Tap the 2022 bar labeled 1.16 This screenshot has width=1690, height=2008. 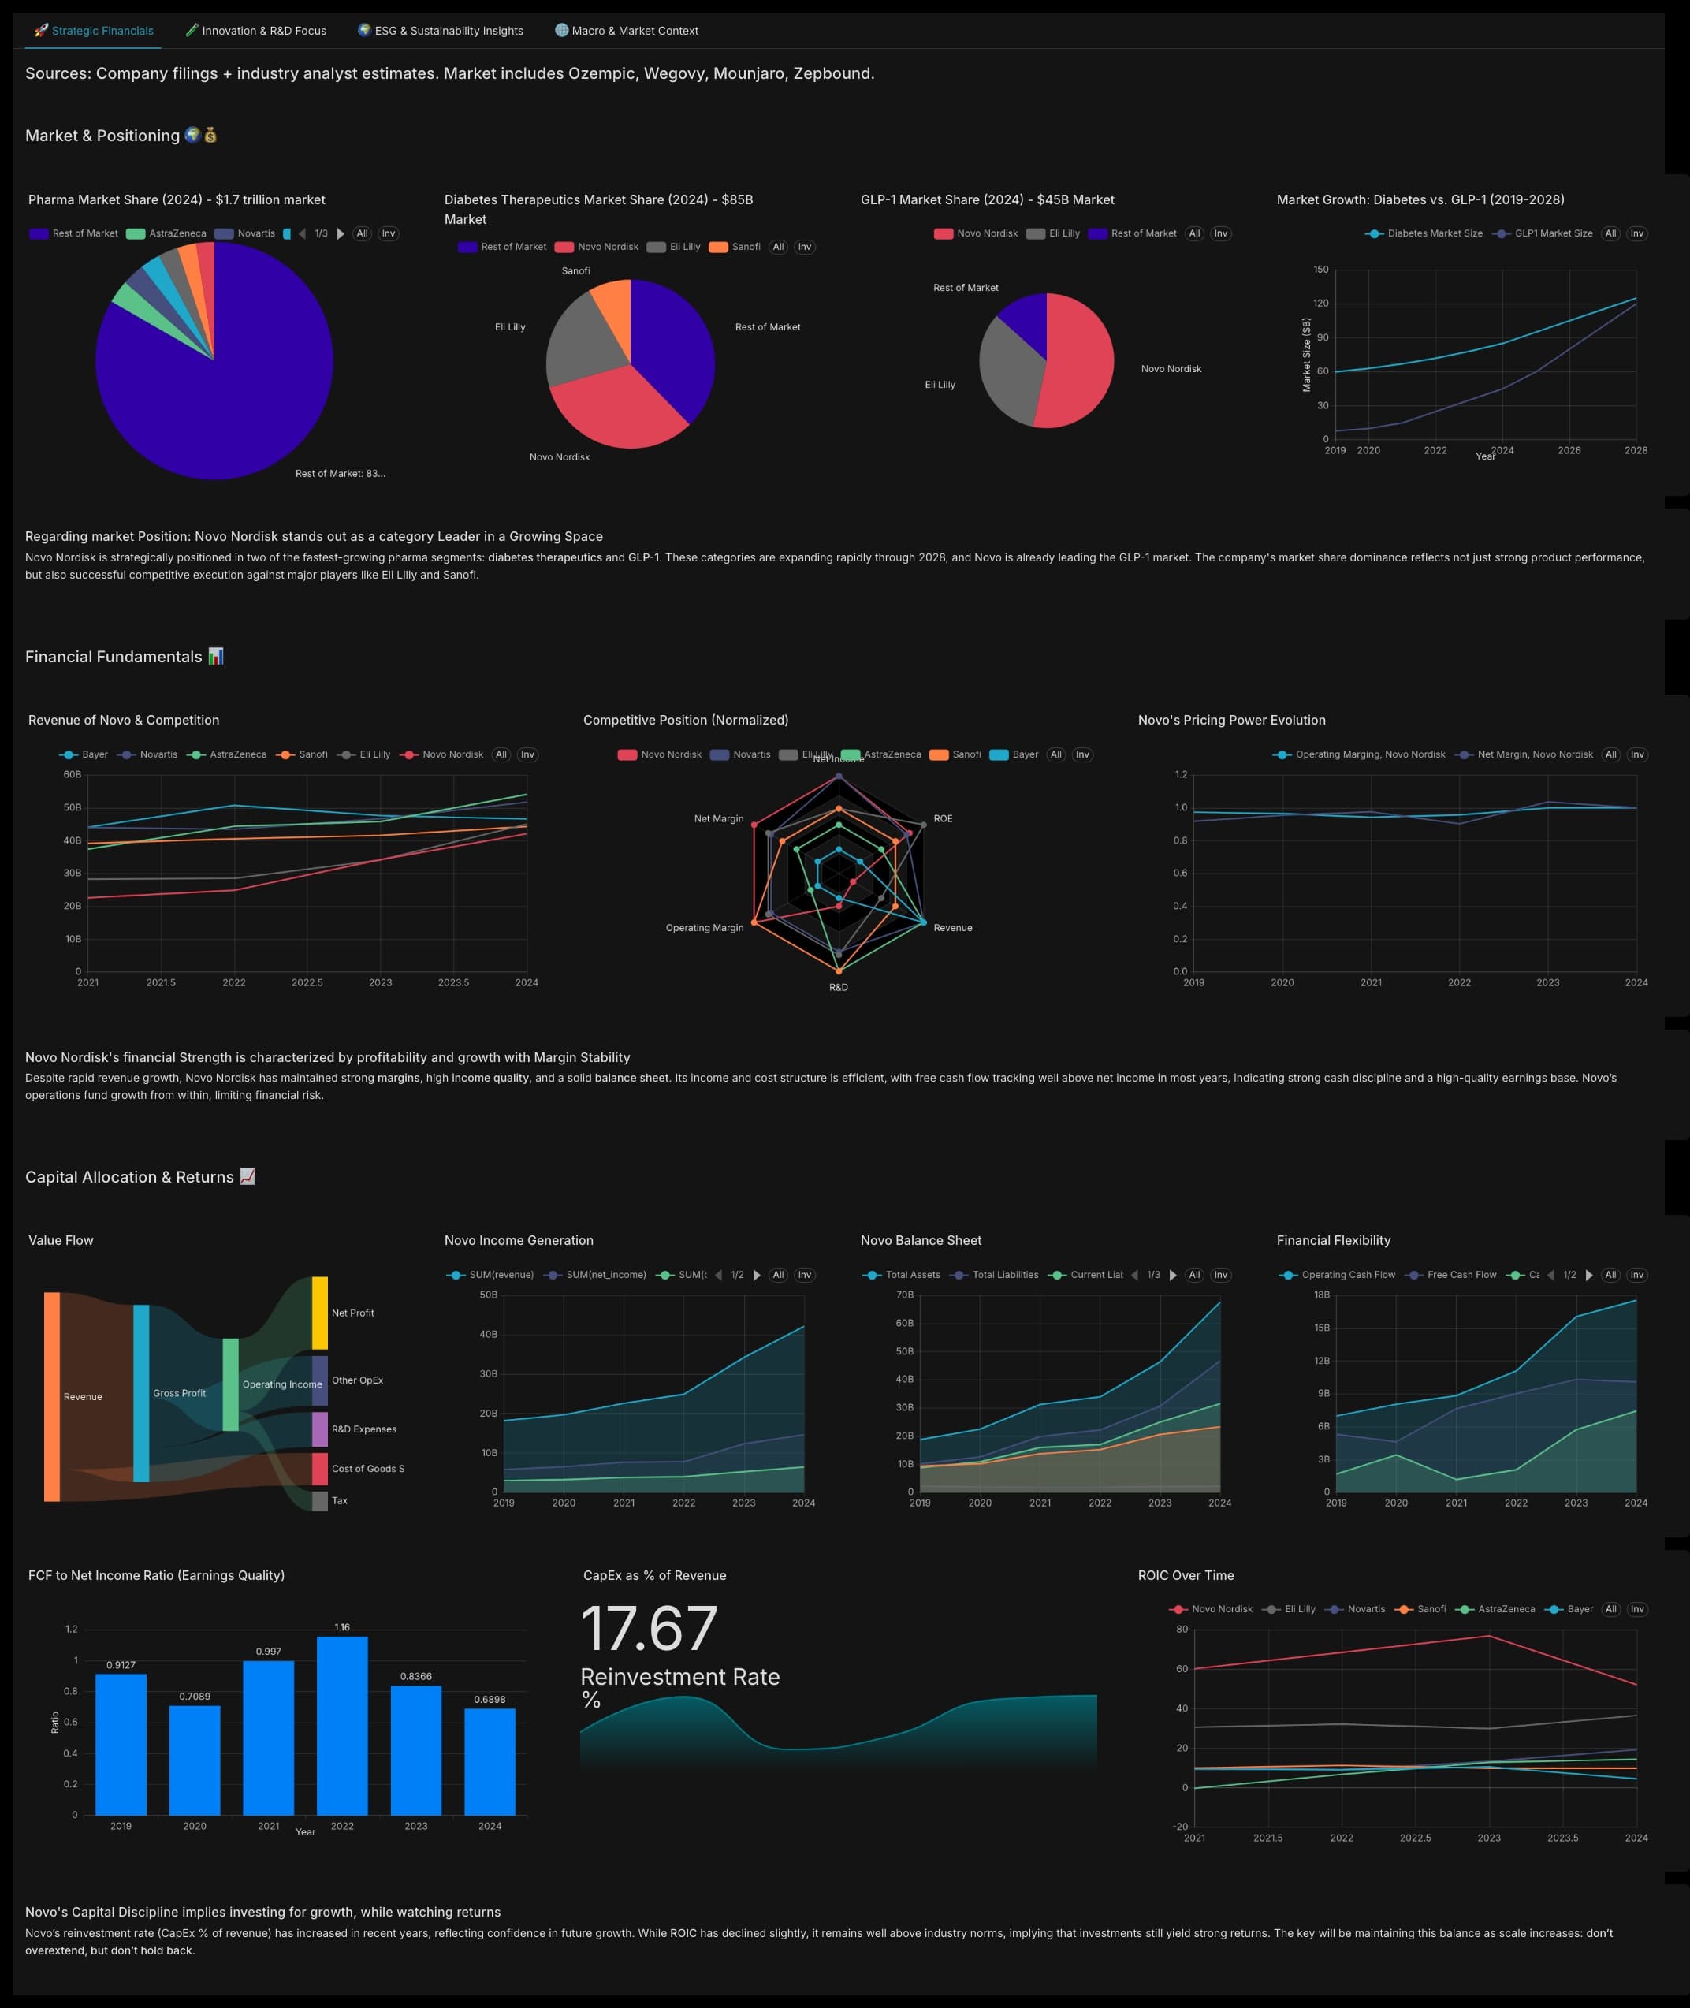click(x=342, y=1724)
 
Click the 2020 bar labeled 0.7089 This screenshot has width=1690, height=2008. click(x=195, y=1760)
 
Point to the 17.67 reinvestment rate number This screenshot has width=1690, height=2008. click(x=649, y=1629)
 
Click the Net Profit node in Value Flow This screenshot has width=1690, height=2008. click(x=320, y=1313)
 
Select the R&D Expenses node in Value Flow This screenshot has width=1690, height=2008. click(x=320, y=1429)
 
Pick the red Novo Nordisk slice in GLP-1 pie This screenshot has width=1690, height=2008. click(x=1078, y=364)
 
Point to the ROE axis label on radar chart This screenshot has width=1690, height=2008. click(x=943, y=819)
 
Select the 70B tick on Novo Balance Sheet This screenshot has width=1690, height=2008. click(x=904, y=1295)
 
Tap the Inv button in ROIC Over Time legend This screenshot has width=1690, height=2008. click(x=1637, y=1609)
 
